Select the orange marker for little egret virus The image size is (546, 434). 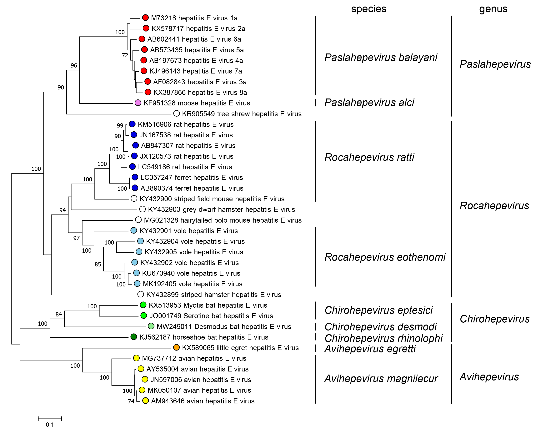tap(177, 347)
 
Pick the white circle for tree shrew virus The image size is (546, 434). tap(177, 114)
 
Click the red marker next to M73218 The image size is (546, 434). tap(145, 18)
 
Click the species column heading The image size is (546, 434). tap(368, 9)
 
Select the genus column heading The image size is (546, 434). tap(493, 9)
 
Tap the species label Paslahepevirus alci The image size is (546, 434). tap(369, 103)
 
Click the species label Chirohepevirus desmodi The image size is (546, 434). tap(380, 327)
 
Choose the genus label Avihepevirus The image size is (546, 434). tap(489, 377)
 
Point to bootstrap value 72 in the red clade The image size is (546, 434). tap(125, 55)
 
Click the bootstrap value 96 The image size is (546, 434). tap(74, 66)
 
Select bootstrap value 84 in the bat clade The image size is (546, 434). tap(59, 314)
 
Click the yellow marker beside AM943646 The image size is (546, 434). tap(145, 401)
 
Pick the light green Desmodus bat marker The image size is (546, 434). tap(151, 326)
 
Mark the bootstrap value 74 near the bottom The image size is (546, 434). tap(131, 401)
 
